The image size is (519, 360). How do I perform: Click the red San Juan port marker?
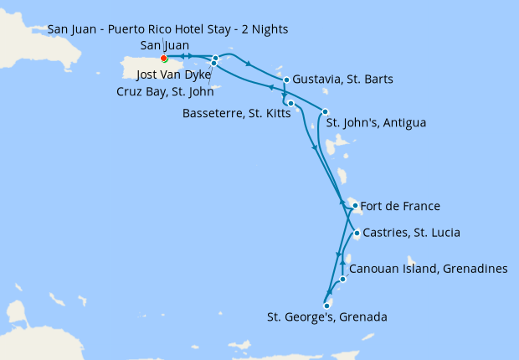tap(163, 59)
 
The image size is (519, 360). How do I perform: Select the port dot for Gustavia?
tap(286, 80)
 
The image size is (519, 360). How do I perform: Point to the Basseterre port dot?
tap(290, 103)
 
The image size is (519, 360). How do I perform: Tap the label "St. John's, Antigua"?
tap(376, 123)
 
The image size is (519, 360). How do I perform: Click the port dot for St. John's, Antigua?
tap(326, 112)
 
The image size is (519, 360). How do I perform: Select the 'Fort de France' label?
tap(399, 206)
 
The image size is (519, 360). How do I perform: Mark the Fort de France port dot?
tap(355, 206)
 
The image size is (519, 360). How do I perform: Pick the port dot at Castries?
tap(357, 233)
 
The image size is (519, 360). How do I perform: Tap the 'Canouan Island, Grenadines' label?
tap(428, 269)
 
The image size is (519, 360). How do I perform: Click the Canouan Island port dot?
tap(343, 279)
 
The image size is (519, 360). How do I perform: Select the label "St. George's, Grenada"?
tap(326, 317)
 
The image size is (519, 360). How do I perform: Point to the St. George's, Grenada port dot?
tap(326, 306)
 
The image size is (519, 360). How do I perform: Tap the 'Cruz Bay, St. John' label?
tap(166, 92)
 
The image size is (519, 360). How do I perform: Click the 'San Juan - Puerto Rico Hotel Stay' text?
tap(167, 29)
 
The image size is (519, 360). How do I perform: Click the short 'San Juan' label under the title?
tap(165, 45)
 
